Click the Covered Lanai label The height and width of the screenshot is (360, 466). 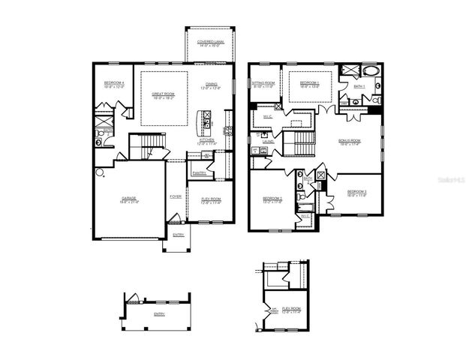coord(206,43)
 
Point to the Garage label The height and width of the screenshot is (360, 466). coord(129,200)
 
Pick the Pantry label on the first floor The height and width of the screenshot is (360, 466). coord(199,172)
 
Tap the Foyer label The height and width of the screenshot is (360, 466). coord(176,196)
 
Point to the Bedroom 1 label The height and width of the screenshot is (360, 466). coord(310,84)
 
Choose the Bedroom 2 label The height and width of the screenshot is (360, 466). coord(271,199)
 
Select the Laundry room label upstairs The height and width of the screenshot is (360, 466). coord(267,141)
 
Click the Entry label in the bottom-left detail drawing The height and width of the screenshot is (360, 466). coord(159,313)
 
